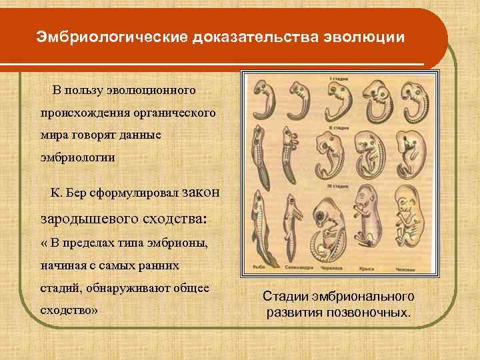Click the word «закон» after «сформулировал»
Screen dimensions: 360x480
[x=199, y=192]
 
